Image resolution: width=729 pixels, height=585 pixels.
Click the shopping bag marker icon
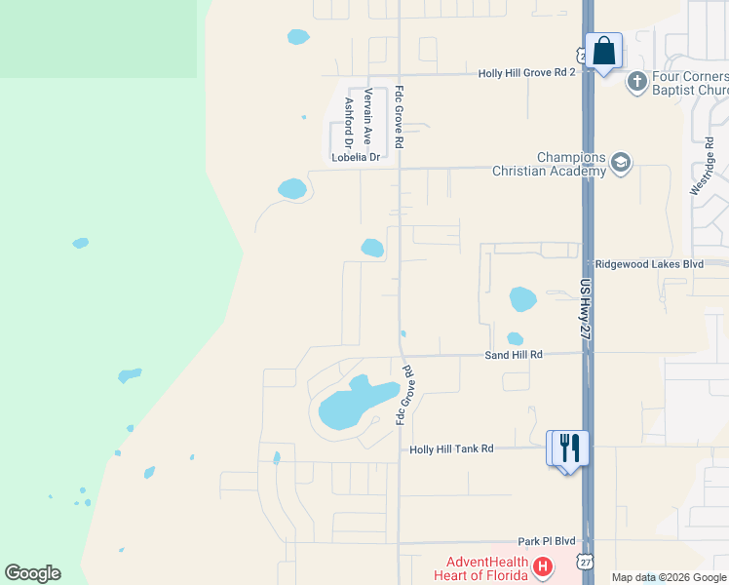click(603, 50)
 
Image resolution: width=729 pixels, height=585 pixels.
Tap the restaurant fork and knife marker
click(569, 448)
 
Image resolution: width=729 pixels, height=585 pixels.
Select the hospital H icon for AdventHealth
click(543, 565)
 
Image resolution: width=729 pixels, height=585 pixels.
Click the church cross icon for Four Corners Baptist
click(637, 82)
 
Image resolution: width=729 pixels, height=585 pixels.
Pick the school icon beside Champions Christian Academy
click(621, 164)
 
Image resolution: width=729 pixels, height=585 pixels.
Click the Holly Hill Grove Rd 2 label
click(526, 73)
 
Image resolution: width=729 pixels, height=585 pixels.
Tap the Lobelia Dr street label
click(355, 156)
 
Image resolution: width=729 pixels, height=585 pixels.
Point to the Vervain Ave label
click(368, 116)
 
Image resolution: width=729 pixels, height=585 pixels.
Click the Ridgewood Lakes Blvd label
click(648, 264)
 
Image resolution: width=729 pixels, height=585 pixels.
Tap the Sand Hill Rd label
click(513, 356)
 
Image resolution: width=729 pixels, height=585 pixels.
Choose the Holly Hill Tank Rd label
click(451, 448)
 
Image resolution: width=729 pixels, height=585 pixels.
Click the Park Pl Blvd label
click(547, 541)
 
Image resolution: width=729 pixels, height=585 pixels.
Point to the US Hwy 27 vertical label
click(585, 309)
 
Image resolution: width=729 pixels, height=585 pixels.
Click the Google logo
click(32, 573)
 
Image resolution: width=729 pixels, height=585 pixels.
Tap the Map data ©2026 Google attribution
click(669, 577)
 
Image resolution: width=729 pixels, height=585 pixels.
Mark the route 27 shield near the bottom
click(585, 563)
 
